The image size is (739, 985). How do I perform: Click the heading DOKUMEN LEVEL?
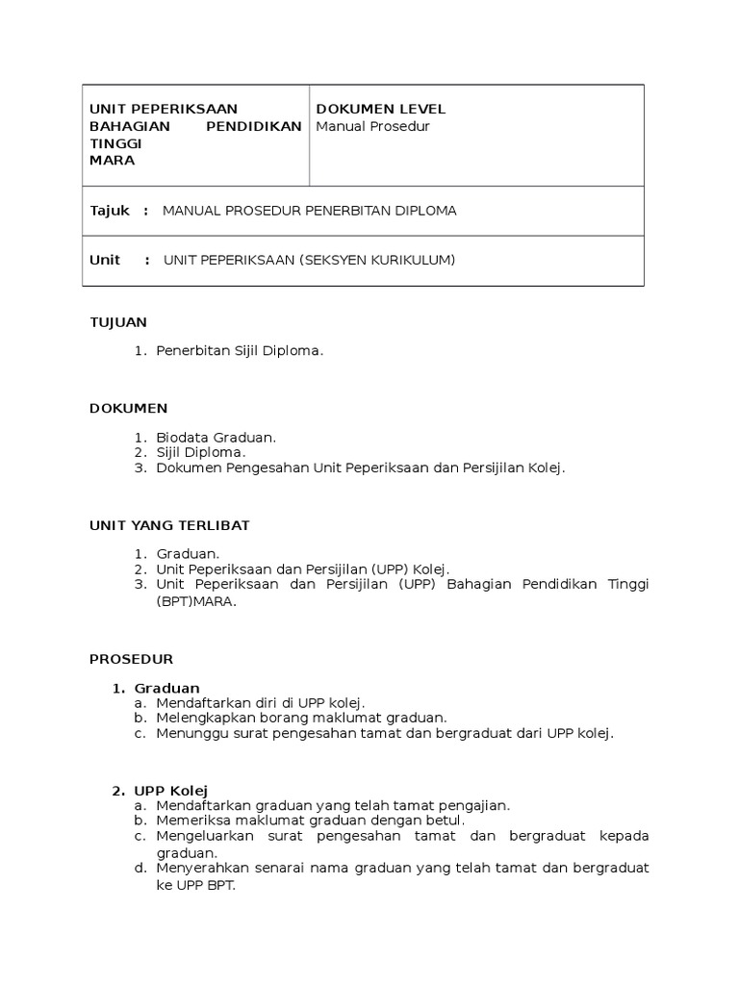click(x=380, y=109)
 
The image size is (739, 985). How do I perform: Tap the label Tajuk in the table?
click(x=110, y=211)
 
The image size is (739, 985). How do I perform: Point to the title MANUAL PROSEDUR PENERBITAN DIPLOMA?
click(x=310, y=211)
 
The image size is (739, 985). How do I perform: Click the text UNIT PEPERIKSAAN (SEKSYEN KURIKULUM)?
click(x=309, y=260)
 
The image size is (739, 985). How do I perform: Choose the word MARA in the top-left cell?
click(x=112, y=161)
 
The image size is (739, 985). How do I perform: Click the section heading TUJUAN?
click(x=117, y=322)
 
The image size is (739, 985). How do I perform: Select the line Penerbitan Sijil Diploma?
click(x=240, y=351)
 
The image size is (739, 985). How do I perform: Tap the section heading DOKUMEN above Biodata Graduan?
click(x=128, y=408)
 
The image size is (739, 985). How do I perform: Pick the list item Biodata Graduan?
click(x=216, y=437)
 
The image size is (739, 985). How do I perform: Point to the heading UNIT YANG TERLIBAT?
click(x=169, y=524)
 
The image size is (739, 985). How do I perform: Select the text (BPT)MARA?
click(x=195, y=601)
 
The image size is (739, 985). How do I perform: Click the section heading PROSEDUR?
click(x=131, y=659)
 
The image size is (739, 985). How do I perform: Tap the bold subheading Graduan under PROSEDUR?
click(x=167, y=688)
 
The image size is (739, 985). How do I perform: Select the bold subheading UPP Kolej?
click(x=171, y=791)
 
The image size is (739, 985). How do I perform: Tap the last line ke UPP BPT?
click(x=195, y=885)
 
